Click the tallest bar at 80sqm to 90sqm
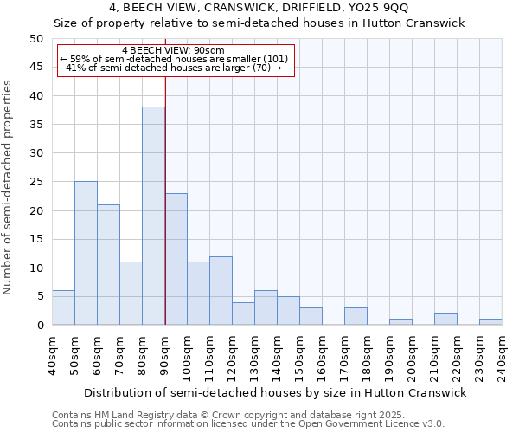click(x=153, y=216)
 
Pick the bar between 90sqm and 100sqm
click(x=176, y=259)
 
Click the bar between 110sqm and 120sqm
click(x=221, y=290)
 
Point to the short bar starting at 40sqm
click(x=63, y=307)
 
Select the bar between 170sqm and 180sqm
click(x=356, y=316)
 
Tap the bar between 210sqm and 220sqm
click(x=445, y=319)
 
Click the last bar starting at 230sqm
click(x=490, y=321)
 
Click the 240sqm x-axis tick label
click(x=502, y=355)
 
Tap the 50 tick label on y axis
click(x=35, y=39)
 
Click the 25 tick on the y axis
click(x=35, y=182)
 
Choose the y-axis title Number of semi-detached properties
click(x=9, y=187)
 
